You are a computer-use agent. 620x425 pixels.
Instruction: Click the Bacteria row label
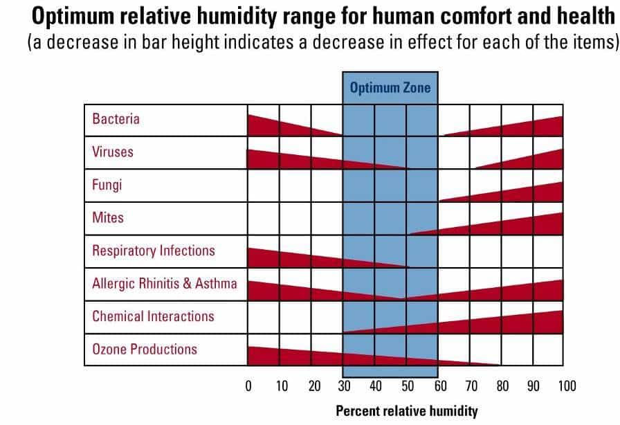(116, 118)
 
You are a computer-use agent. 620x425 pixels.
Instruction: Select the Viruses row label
(113, 152)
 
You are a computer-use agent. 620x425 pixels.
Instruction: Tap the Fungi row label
(107, 185)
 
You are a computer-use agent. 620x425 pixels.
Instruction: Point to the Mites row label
(108, 217)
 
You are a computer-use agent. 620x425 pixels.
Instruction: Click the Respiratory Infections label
(154, 251)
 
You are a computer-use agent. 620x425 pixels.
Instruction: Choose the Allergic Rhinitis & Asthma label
(164, 283)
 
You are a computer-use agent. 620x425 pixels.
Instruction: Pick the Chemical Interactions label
(153, 316)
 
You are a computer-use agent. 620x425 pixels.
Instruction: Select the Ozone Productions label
(145, 350)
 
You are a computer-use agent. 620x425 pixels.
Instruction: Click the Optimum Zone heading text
(390, 88)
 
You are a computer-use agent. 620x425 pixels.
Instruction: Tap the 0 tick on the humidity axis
(248, 386)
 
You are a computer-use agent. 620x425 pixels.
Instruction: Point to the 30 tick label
(344, 386)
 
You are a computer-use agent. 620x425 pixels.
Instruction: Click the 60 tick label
(439, 386)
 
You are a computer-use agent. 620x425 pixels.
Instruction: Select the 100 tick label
(566, 386)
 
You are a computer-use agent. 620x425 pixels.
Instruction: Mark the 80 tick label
(503, 386)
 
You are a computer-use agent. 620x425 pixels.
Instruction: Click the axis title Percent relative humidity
(406, 411)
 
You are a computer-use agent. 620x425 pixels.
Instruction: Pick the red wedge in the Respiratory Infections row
(291, 258)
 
